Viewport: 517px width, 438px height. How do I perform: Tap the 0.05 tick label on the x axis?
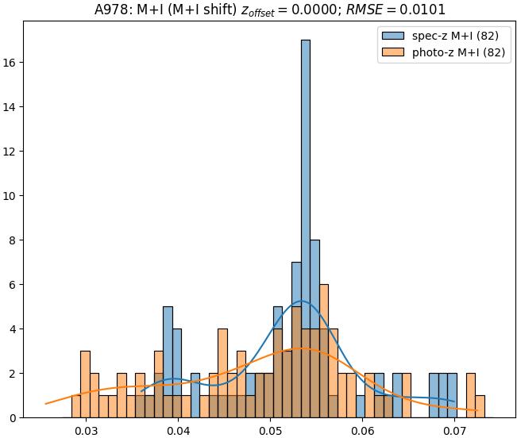point(270,431)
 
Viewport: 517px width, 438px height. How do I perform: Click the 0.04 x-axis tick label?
point(178,431)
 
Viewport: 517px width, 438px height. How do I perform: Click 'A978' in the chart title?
point(110,10)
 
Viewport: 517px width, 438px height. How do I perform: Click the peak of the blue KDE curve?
point(301,301)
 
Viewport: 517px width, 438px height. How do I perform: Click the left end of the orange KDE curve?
point(45,404)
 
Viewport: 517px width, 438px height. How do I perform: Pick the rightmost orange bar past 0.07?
point(480,406)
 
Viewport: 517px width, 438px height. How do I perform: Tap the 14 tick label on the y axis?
point(12,106)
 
